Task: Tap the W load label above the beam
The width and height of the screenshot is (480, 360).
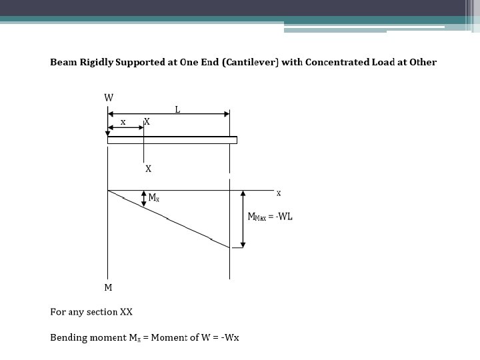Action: [109, 98]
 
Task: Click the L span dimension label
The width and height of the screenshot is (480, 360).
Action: [177, 109]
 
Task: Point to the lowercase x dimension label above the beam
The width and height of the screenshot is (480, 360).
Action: [123, 122]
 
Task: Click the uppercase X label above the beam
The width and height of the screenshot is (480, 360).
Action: [147, 122]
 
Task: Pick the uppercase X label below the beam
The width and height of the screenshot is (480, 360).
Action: [148, 169]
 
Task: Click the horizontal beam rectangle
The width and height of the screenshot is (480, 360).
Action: [172, 140]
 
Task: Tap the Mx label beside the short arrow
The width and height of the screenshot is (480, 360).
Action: [153, 198]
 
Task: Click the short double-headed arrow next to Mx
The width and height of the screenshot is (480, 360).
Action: [144, 197]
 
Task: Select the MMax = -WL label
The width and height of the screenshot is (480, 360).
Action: [271, 217]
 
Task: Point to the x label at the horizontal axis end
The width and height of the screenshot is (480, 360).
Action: [279, 193]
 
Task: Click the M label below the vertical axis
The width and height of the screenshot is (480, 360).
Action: [108, 288]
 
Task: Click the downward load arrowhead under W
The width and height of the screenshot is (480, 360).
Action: [108, 133]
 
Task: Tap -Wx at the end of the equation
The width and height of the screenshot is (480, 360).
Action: [229, 337]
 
